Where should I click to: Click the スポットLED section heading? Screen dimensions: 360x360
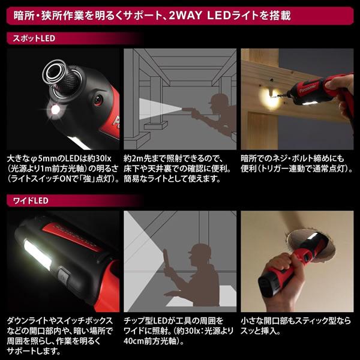tap(34, 38)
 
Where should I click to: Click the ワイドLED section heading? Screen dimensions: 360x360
tap(31, 200)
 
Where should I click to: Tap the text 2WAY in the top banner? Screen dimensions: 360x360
tap(185, 16)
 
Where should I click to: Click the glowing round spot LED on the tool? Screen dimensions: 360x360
tap(55, 110)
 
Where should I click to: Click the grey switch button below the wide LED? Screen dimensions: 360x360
tap(64, 277)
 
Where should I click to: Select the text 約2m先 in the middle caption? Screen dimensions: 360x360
tap(136, 158)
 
